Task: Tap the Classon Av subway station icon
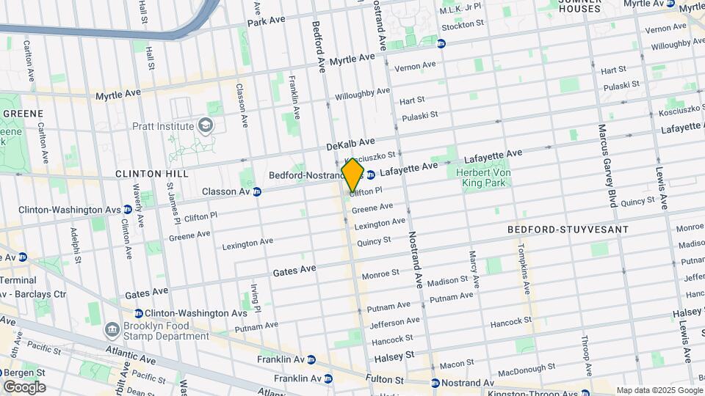[257, 192]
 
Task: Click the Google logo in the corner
[24, 386]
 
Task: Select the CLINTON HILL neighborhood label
[152, 174]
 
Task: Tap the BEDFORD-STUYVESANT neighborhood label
[568, 230]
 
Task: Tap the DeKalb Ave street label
[351, 143]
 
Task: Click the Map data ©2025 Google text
[659, 390]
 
